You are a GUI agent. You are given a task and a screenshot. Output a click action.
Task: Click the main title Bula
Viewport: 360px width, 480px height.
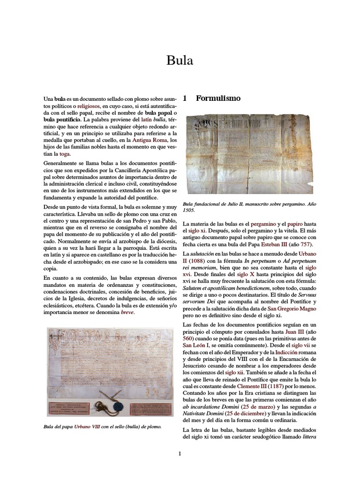(180, 61)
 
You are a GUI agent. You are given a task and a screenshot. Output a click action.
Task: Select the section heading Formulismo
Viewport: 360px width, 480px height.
(218, 98)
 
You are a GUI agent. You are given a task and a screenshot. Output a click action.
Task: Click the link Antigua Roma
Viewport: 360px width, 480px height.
(148, 140)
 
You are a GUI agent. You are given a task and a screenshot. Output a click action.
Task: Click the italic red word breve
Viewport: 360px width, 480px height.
(127, 313)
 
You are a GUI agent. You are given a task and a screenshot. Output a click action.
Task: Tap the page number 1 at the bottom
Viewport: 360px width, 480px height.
(180, 453)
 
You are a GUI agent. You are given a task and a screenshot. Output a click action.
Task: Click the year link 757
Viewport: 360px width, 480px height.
(305, 245)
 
